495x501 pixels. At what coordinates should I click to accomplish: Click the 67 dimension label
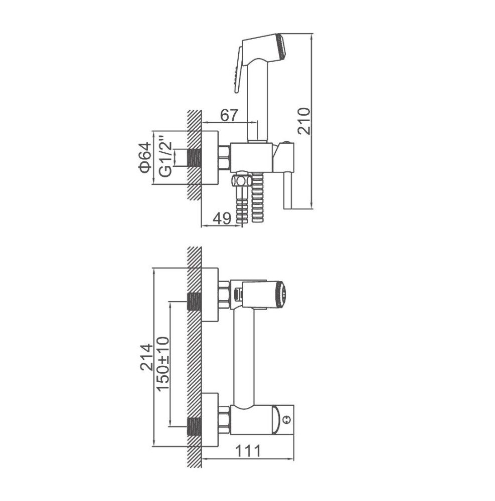(229, 115)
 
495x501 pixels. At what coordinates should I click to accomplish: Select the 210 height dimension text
(304, 121)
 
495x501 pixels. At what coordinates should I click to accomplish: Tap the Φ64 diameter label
(145, 157)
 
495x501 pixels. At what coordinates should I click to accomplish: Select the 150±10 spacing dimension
(163, 364)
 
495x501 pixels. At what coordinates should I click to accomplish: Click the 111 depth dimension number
(248, 451)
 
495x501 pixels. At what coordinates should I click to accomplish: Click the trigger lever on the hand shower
(238, 70)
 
